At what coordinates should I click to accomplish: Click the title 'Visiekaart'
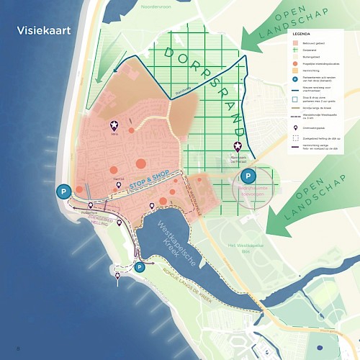point(48,31)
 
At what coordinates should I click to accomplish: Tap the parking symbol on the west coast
point(64,192)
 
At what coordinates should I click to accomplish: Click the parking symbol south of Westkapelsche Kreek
point(140,267)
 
